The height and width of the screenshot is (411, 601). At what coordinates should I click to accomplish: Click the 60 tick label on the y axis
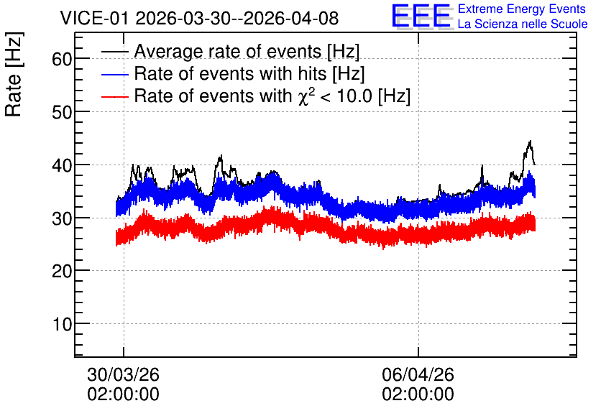click(62, 60)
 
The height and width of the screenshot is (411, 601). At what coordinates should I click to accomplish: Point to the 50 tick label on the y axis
click(62, 112)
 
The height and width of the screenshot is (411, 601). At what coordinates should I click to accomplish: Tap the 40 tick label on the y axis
click(62, 165)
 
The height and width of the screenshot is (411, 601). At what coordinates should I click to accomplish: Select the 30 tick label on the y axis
click(62, 218)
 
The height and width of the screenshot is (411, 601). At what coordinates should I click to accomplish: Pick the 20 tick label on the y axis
click(62, 271)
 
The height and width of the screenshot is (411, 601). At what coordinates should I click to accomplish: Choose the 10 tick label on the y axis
click(62, 324)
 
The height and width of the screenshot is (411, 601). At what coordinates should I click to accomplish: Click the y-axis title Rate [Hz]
click(14, 75)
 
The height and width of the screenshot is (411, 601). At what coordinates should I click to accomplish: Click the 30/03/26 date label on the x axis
click(123, 374)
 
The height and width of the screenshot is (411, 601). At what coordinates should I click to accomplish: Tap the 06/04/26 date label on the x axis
click(418, 374)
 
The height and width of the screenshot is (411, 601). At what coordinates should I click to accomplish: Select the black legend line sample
click(114, 51)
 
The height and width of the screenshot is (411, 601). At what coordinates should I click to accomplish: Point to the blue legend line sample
click(114, 74)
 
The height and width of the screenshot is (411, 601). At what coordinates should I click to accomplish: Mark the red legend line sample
click(114, 96)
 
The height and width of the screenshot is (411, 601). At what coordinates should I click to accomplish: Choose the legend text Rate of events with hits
click(230, 73)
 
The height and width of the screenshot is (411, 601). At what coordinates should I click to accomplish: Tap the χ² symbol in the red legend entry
click(306, 96)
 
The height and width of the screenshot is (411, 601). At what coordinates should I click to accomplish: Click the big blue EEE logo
click(421, 16)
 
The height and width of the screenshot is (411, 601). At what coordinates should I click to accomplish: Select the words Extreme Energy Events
click(522, 9)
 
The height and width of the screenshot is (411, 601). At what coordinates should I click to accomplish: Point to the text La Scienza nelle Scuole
click(523, 24)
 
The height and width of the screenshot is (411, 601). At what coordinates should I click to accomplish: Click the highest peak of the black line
click(530, 141)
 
